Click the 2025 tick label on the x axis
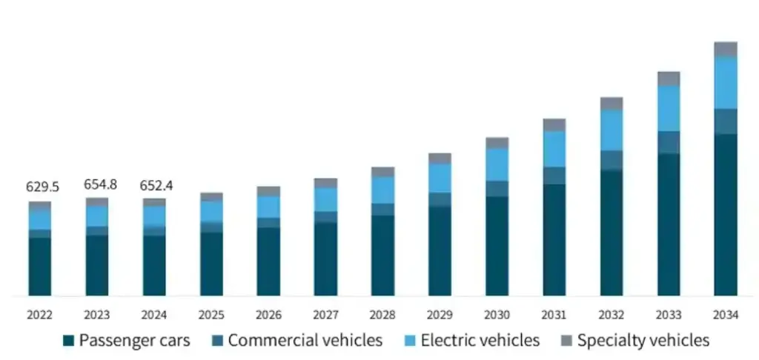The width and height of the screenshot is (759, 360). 211,315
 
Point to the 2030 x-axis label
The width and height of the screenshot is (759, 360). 497,315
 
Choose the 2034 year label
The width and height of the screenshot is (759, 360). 726,315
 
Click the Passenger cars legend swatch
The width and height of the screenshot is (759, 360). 68,341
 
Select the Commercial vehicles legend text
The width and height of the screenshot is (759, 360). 305,341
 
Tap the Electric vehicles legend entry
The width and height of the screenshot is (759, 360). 480,341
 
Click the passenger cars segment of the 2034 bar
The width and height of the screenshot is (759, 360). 726,215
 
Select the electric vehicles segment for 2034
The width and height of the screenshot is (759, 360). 726,82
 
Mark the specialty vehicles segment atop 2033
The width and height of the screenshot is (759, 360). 669,79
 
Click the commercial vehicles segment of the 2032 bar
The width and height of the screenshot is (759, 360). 611,160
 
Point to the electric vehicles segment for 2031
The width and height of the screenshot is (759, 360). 554,149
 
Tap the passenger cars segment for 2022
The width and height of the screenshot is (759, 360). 40,267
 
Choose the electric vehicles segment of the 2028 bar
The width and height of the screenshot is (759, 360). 383,190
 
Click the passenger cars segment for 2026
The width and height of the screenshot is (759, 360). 268,261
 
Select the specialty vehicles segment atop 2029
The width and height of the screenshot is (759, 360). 440,158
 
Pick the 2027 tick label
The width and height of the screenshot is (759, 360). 325,315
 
